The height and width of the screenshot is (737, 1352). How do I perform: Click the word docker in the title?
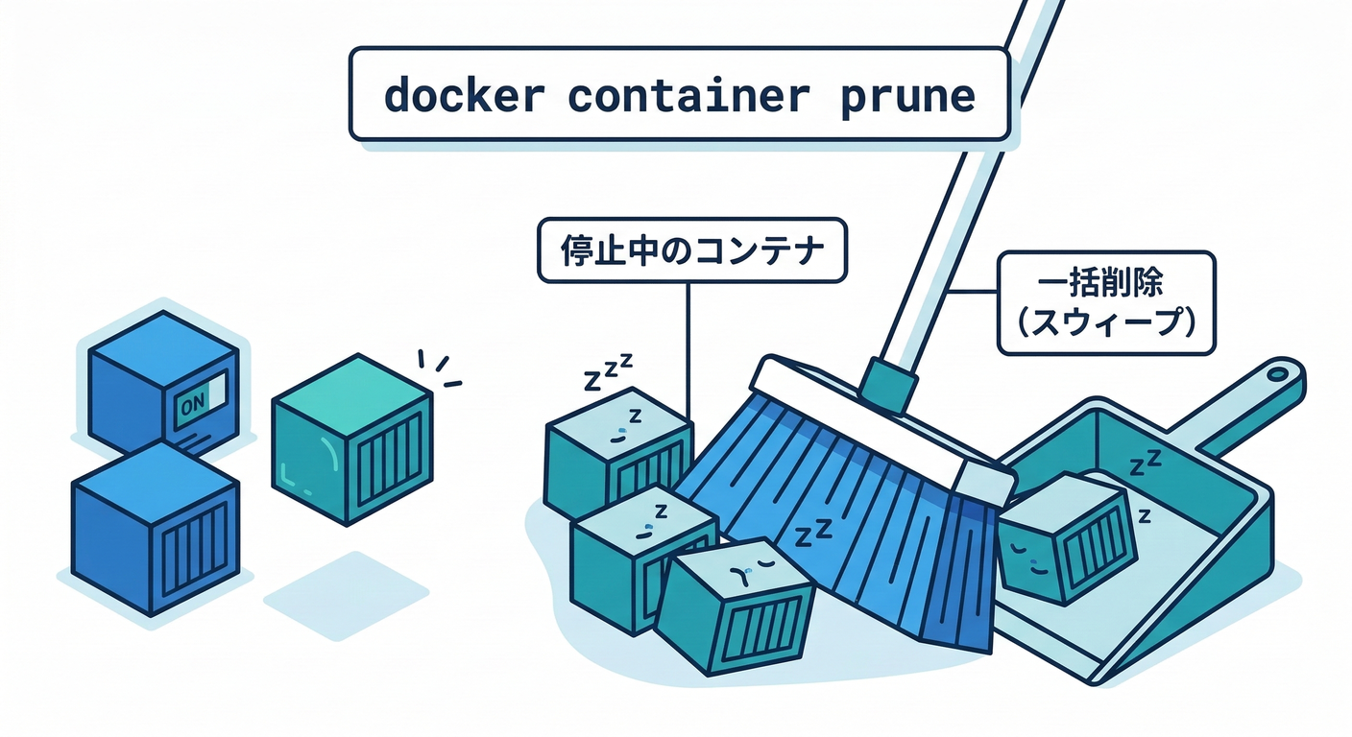(464, 97)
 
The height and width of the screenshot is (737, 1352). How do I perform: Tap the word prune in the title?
(907, 97)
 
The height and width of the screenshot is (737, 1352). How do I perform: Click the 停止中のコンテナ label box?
(691, 250)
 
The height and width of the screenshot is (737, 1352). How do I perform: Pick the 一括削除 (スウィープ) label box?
(1106, 302)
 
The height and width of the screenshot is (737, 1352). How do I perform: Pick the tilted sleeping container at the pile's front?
(736, 606)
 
